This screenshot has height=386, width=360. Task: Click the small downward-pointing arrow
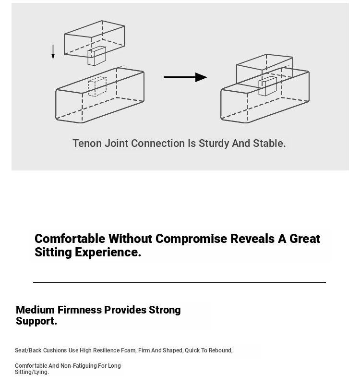[53, 52]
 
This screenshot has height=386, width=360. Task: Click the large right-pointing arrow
[185, 77]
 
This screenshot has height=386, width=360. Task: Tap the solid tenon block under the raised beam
[96, 56]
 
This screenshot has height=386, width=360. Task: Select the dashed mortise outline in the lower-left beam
[97, 86]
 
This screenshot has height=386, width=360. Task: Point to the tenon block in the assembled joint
[267, 86]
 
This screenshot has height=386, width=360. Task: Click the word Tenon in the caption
[87, 143]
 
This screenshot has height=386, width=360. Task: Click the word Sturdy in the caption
[214, 144]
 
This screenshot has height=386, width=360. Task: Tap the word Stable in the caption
[269, 143]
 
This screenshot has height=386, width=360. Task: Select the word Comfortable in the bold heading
[70, 239]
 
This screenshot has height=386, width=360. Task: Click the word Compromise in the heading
[191, 239]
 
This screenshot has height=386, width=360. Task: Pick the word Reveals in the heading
[252, 239]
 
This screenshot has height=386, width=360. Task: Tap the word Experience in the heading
[108, 253]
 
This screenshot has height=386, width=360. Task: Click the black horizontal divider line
[180, 282]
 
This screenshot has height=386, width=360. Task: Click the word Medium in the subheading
[35, 310]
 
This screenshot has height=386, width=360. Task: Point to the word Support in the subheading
[36, 321]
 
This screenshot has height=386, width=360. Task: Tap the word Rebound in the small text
[220, 350]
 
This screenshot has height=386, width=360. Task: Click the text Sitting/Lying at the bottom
[32, 372]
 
